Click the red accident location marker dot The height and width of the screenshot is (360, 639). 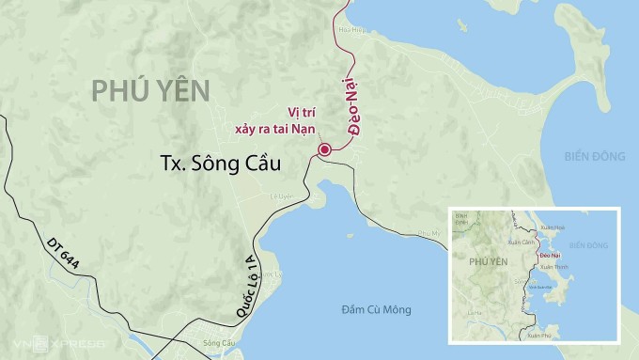(324, 149)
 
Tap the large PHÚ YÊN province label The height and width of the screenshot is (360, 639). (150, 91)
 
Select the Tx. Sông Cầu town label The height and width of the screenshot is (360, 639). (222, 164)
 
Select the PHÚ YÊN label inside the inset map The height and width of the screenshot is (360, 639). (487, 262)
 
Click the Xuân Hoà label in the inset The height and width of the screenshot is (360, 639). (554, 227)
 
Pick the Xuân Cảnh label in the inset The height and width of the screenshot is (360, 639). (522, 243)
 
